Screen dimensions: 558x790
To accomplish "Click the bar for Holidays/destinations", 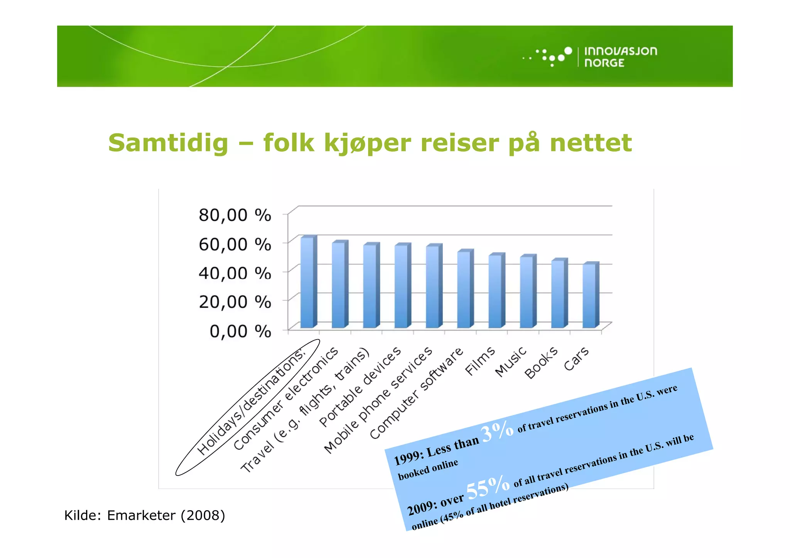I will (307, 283).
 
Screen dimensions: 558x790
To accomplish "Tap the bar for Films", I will (495, 292).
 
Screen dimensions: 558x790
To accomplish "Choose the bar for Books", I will (558, 294).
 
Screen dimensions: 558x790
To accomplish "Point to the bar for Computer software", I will (464, 290).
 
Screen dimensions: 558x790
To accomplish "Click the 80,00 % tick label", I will (235, 215).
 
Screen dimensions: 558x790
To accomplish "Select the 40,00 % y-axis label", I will (235, 273).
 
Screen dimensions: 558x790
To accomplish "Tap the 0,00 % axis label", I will (240, 331).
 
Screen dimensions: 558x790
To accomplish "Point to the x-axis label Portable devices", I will (360, 387).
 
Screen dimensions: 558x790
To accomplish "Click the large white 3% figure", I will (497, 431).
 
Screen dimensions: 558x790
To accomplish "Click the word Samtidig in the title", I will (168, 143).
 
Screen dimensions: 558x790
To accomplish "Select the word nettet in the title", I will (591, 143).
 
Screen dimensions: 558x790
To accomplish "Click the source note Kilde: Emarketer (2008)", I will (145, 515).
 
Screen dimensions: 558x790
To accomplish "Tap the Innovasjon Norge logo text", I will (620, 57).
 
